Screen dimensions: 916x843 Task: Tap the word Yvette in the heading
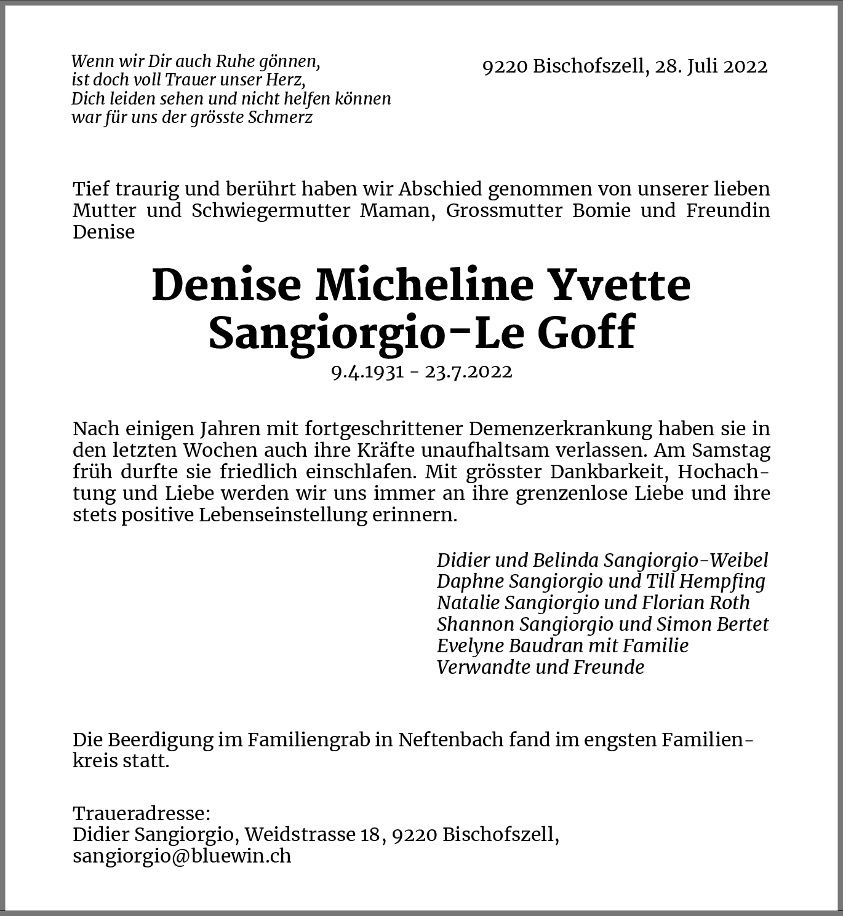(x=620, y=285)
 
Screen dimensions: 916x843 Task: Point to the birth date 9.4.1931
(x=367, y=372)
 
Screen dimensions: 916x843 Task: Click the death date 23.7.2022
(x=469, y=372)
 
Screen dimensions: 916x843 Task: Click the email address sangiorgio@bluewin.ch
(x=182, y=856)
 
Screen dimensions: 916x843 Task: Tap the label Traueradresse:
(x=142, y=813)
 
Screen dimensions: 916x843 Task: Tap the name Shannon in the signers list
(x=475, y=624)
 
